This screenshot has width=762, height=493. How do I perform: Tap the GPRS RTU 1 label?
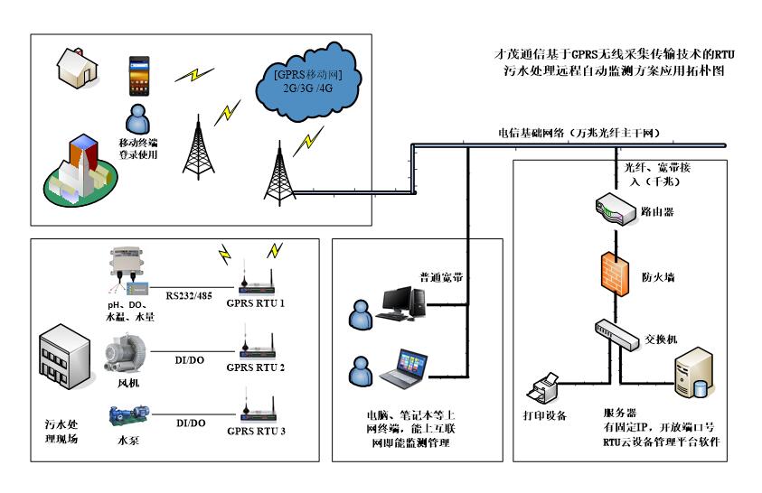255,303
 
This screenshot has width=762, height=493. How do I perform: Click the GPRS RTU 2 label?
255,367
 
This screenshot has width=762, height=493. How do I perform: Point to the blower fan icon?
123,353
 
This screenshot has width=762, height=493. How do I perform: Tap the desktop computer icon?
402,303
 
